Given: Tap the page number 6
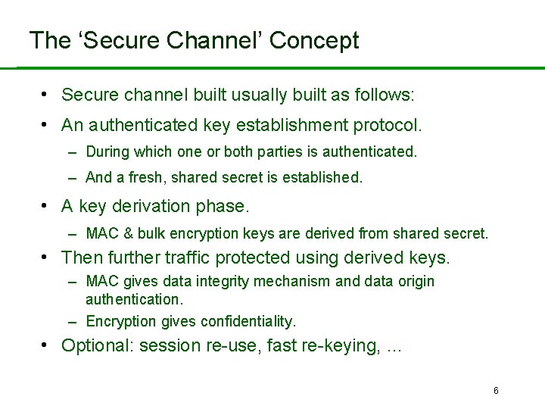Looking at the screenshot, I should pyautogui.click(x=496, y=391).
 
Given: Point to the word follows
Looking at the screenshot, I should pyautogui.click(x=385, y=95).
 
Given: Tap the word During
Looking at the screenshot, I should pyautogui.click(x=107, y=151).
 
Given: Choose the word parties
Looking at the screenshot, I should pyautogui.click(x=278, y=151).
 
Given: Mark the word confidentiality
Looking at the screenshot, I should pyautogui.click(x=248, y=321).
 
